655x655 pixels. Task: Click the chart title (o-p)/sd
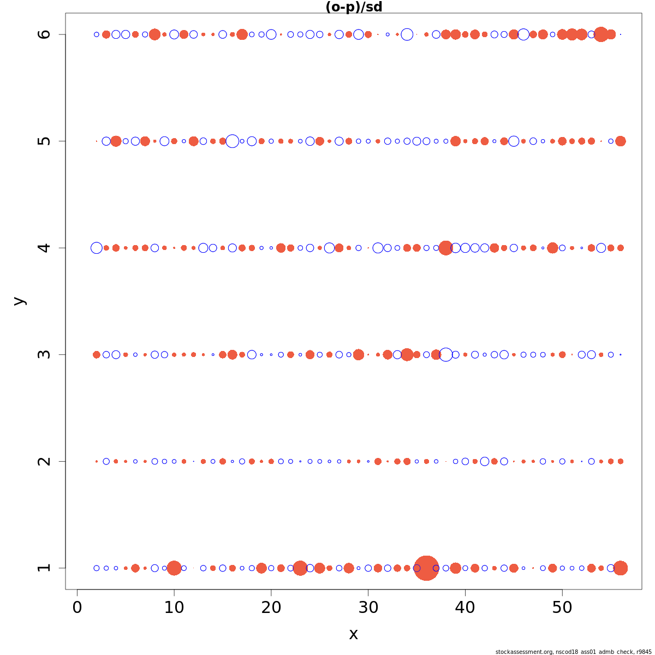(353, 7)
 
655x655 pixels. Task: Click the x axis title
(353, 634)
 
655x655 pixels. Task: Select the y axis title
(19, 301)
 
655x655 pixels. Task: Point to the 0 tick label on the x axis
(78, 608)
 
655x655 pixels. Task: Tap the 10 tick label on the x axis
(174, 608)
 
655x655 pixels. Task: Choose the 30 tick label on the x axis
(368, 608)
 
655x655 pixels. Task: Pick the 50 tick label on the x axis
(562, 608)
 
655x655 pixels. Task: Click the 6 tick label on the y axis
(45, 34)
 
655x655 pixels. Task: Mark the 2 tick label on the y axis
(45, 461)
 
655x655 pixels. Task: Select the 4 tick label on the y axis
(45, 248)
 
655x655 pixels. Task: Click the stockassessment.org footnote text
(573, 652)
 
